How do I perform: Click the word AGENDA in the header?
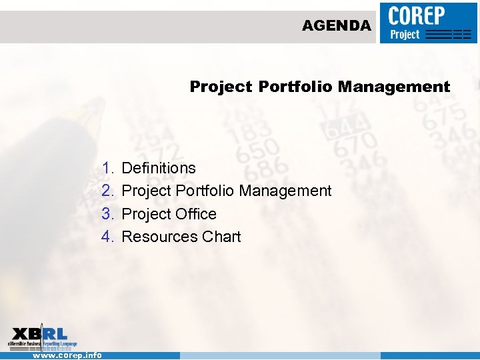[336, 26]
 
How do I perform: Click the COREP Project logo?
[429, 23]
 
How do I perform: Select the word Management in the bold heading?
[394, 87]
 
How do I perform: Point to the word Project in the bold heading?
[221, 87]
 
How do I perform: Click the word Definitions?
[159, 168]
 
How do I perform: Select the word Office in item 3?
[196, 214]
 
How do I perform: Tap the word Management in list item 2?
[285, 191]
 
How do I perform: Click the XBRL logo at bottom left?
[42, 337]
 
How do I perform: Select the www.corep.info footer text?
[67, 355]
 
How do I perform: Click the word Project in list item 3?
[146, 214]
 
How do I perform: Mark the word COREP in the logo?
[418, 15]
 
